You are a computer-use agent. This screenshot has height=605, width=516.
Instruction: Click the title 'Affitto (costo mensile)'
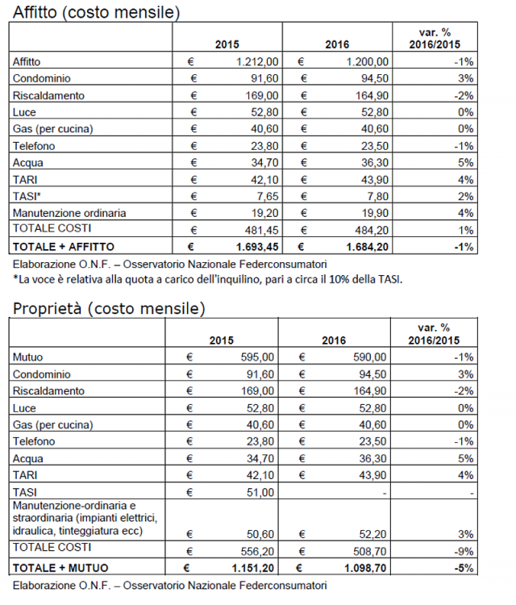97,12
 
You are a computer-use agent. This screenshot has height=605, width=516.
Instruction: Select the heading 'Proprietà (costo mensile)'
109,308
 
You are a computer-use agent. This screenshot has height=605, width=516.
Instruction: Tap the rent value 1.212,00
257,62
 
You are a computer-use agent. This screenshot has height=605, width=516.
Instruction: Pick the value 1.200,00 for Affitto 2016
367,62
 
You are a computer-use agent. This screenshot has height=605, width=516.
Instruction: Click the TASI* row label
27,196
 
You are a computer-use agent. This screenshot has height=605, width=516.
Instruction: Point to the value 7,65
268,196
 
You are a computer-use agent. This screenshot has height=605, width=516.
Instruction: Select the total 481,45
261,231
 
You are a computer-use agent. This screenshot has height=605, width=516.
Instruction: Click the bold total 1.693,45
257,247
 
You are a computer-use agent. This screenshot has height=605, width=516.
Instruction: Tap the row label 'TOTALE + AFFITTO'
64,247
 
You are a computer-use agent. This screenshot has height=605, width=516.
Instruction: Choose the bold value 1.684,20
367,247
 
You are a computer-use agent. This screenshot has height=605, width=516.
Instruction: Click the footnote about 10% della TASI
207,279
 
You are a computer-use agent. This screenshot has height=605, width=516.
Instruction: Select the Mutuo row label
27,357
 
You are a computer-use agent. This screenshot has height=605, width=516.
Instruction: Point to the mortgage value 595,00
257,357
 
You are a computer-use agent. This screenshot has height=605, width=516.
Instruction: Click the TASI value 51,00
260,493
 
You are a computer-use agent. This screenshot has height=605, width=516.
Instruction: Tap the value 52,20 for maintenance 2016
372,534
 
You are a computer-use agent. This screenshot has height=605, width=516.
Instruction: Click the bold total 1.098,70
365,569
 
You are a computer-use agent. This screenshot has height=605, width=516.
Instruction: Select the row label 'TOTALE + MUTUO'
60,569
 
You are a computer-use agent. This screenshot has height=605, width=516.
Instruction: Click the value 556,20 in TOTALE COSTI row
257,552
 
